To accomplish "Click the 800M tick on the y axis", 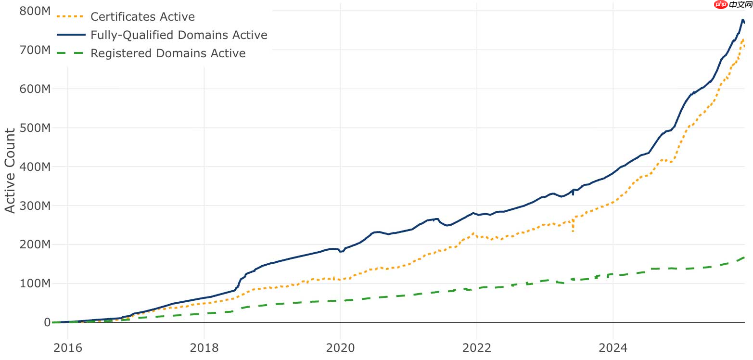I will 35,11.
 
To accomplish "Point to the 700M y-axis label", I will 35,50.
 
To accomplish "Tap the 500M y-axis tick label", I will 35,128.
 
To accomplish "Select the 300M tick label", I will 35,206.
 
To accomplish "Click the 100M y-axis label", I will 35,283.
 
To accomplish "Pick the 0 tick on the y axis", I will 47,322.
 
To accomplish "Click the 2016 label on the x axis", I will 68,347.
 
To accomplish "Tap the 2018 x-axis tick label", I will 204,347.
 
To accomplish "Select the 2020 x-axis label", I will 340,347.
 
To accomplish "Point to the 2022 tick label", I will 477,347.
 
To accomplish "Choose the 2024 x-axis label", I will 613,347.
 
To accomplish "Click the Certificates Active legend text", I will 142,17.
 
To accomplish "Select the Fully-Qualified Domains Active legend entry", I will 179,35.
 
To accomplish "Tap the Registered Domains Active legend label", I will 168,53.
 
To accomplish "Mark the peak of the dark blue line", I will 742,33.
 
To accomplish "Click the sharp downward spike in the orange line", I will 573,231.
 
